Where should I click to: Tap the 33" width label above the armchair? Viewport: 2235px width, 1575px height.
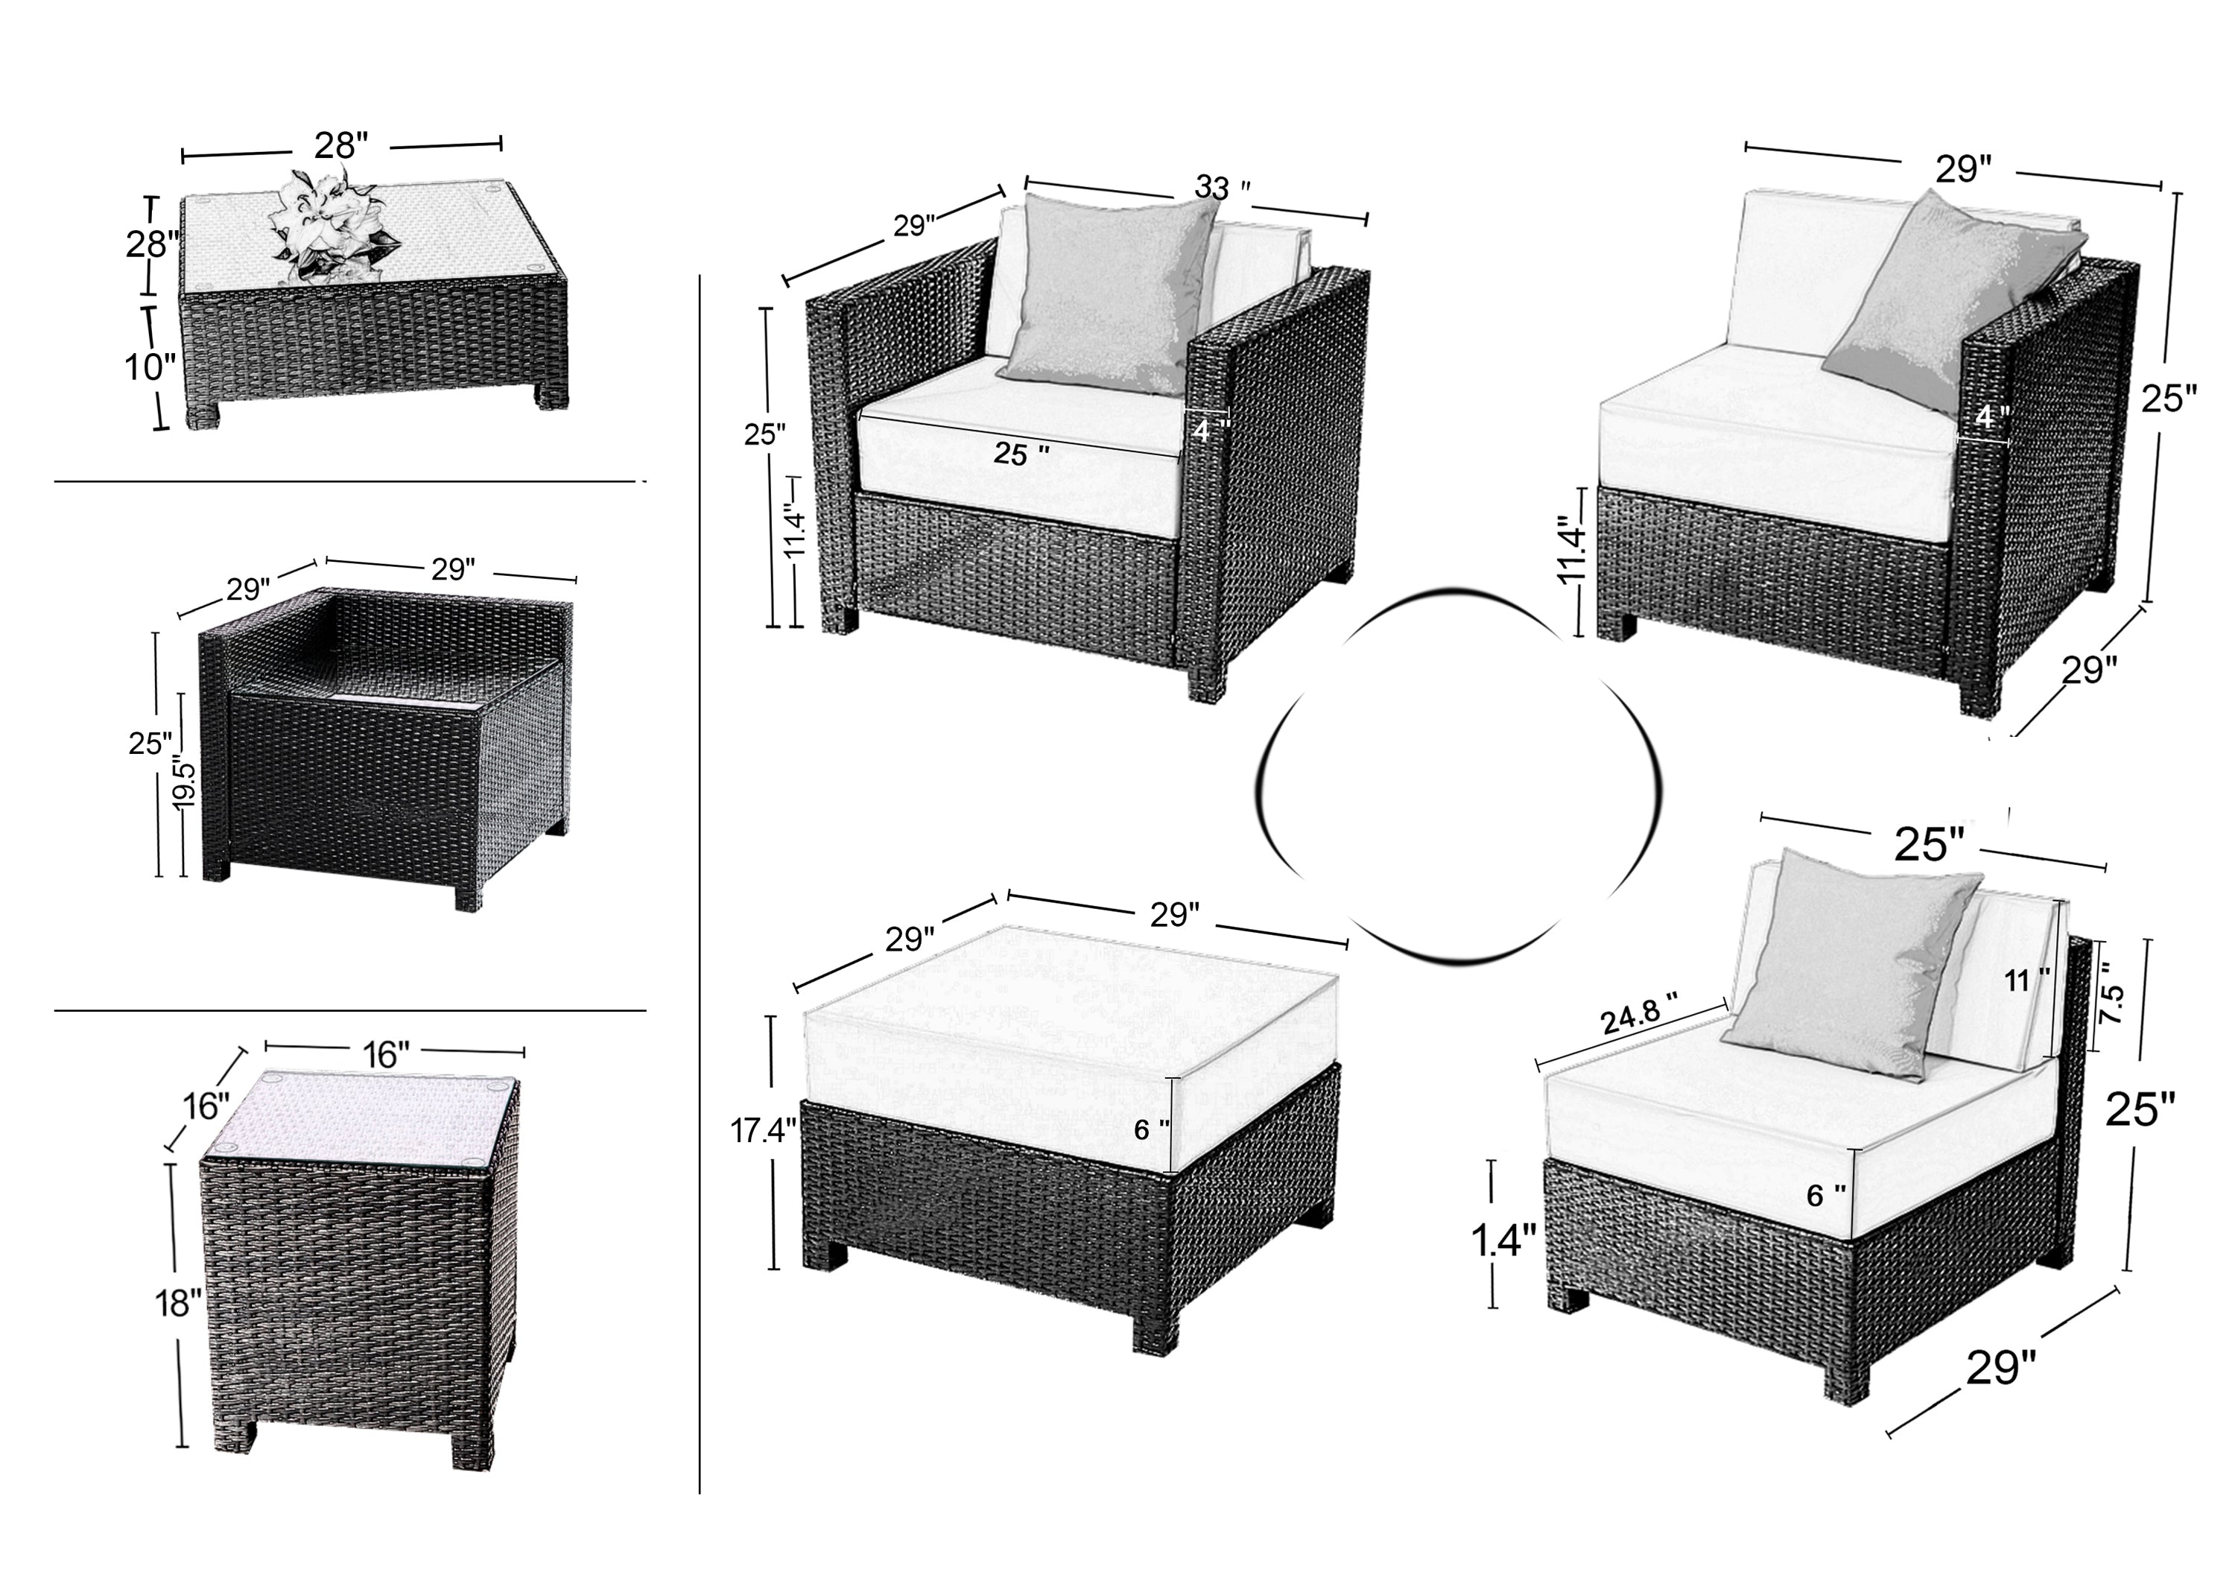coord(1222,187)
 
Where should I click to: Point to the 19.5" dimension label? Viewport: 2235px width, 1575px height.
coord(184,781)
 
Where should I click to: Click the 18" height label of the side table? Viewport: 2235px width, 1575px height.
coord(178,1302)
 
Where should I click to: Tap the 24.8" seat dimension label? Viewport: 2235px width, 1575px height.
coord(1640,1019)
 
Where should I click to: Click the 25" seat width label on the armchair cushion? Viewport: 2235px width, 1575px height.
coord(1021,454)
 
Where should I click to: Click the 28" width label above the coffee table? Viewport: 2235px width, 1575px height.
coord(340,146)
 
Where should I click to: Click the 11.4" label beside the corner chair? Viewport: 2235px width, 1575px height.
coord(1573,550)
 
